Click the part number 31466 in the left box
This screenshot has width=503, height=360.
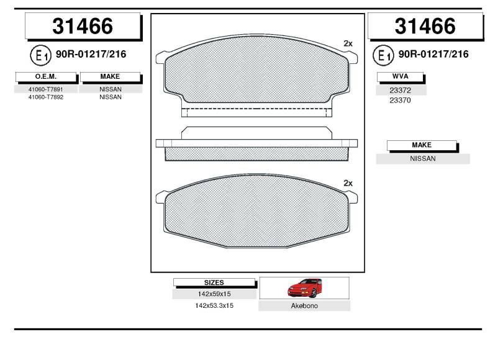[x=83, y=26]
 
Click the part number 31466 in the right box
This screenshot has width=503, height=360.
[x=425, y=26]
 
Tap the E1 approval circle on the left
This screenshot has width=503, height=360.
[x=41, y=55]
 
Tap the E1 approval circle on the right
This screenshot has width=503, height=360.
[x=383, y=55]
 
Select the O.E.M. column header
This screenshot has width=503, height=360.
[x=46, y=76]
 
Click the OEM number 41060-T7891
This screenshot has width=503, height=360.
[x=46, y=89]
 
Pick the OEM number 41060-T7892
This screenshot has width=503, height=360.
[x=46, y=97]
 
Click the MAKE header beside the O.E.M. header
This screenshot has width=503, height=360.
[x=110, y=76]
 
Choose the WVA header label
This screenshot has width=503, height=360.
[x=401, y=76]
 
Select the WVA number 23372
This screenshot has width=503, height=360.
[x=401, y=91]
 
